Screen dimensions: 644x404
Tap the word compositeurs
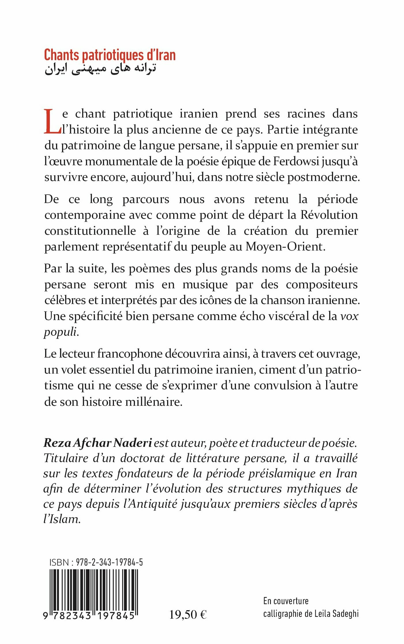(322, 285)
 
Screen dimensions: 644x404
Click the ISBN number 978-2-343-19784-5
(109, 562)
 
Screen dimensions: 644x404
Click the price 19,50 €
(188, 615)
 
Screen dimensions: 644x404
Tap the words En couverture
(286, 601)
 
